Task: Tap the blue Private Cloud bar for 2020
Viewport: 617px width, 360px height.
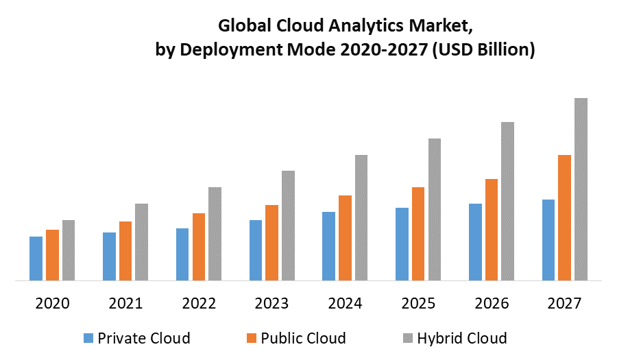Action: coord(36,259)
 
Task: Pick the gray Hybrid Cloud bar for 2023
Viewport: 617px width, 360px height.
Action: coord(288,226)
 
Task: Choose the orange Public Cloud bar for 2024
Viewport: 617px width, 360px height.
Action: coord(345,238)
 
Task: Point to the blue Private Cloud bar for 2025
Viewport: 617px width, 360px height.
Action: coord(402,244)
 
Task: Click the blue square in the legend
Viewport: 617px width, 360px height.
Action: coord(88,338)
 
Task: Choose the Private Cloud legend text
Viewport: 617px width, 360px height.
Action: coord(144,338)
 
